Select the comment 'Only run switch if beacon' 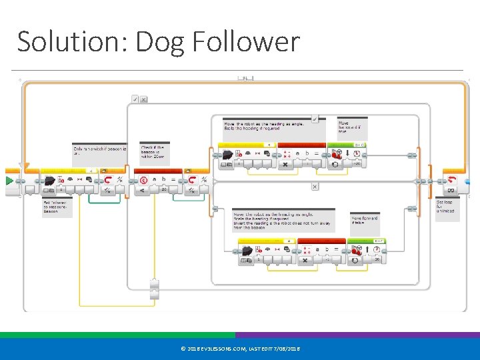(x=99, y=151)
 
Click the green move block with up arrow (x=365, y=253)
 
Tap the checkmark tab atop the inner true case (x=315, y=119)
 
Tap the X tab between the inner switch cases (x=315, y=187)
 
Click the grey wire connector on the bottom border (x=155, y=289)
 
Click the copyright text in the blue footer (x=240, y=349)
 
